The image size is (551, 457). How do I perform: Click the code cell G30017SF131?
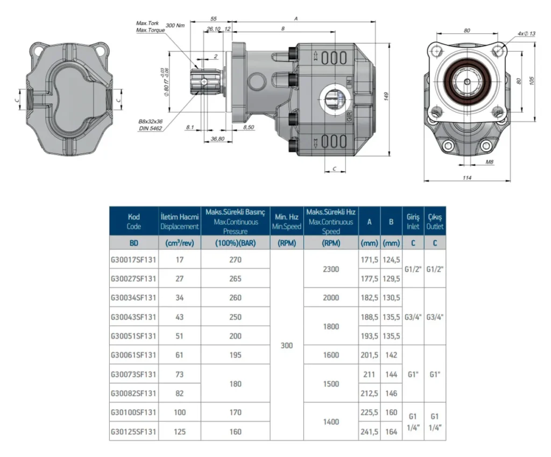133,260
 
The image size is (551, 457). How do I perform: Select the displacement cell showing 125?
180,432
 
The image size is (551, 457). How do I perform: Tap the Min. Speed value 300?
287,346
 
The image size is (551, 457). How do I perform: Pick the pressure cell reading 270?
236,260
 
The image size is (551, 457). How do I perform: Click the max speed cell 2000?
331,298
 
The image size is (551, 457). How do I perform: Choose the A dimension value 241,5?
369,432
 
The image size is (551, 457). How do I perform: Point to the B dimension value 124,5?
391,260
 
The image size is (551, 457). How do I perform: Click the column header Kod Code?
134,221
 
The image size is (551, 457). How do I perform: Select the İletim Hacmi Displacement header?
180,221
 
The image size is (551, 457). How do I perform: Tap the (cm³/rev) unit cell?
180,243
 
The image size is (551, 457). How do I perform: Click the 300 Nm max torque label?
175,26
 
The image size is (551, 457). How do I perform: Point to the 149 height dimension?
386,96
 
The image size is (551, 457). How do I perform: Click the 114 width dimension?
467,178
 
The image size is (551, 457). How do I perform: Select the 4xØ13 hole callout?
526,34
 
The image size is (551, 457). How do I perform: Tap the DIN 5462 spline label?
151,128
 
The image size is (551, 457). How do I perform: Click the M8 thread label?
490,162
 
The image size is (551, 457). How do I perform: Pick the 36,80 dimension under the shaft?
217,139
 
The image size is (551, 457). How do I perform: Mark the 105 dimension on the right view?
531,81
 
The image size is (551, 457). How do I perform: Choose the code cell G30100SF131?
133,412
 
